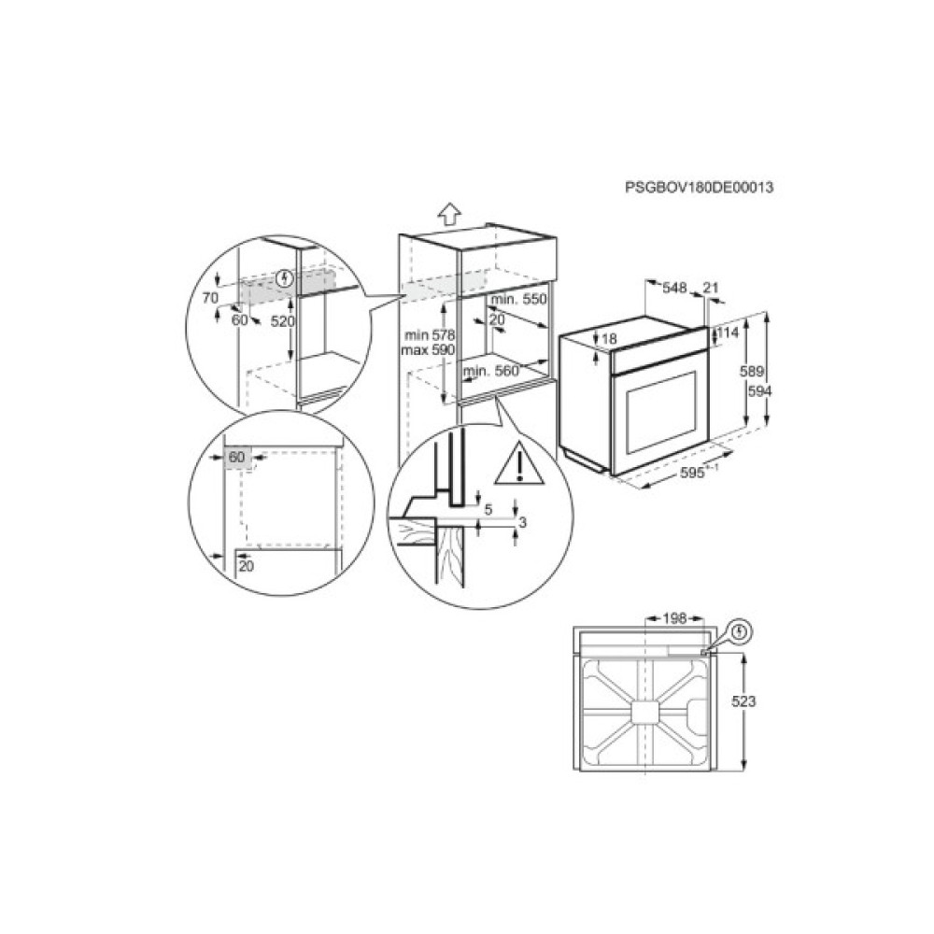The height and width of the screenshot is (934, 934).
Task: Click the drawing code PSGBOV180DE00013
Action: (700, 188)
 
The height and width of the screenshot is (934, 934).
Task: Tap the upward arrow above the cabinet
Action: (449, 215)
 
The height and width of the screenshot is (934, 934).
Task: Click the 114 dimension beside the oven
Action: (728, 333)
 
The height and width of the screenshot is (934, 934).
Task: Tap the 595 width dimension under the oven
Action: (693, 474)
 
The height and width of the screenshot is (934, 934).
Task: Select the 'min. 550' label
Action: (517, 299)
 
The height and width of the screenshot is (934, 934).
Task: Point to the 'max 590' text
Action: (427, 349)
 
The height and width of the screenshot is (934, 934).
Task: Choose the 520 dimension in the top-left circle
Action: (283, 320)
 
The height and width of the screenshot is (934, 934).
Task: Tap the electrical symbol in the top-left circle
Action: (287, 277)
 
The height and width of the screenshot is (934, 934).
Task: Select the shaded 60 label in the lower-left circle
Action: (236, 458)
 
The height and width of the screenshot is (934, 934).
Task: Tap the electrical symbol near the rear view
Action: (740, 632)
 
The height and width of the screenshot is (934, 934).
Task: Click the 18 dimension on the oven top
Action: (610, 339)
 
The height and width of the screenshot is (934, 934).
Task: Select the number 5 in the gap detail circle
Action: (488, 510)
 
